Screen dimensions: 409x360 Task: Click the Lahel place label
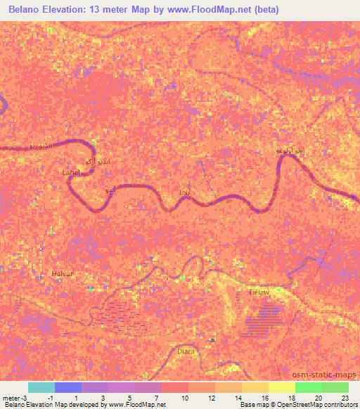(x=72, y=172)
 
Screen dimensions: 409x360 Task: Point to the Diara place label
(x=186, y=351)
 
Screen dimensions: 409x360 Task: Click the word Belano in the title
(x=25, y=9)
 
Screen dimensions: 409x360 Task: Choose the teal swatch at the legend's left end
(x=41, y=387)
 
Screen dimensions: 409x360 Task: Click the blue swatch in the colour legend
(x=68, y=387)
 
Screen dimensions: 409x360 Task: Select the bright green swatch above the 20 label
(x=308, y=387)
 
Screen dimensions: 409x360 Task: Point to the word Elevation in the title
(x=68, y=9)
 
